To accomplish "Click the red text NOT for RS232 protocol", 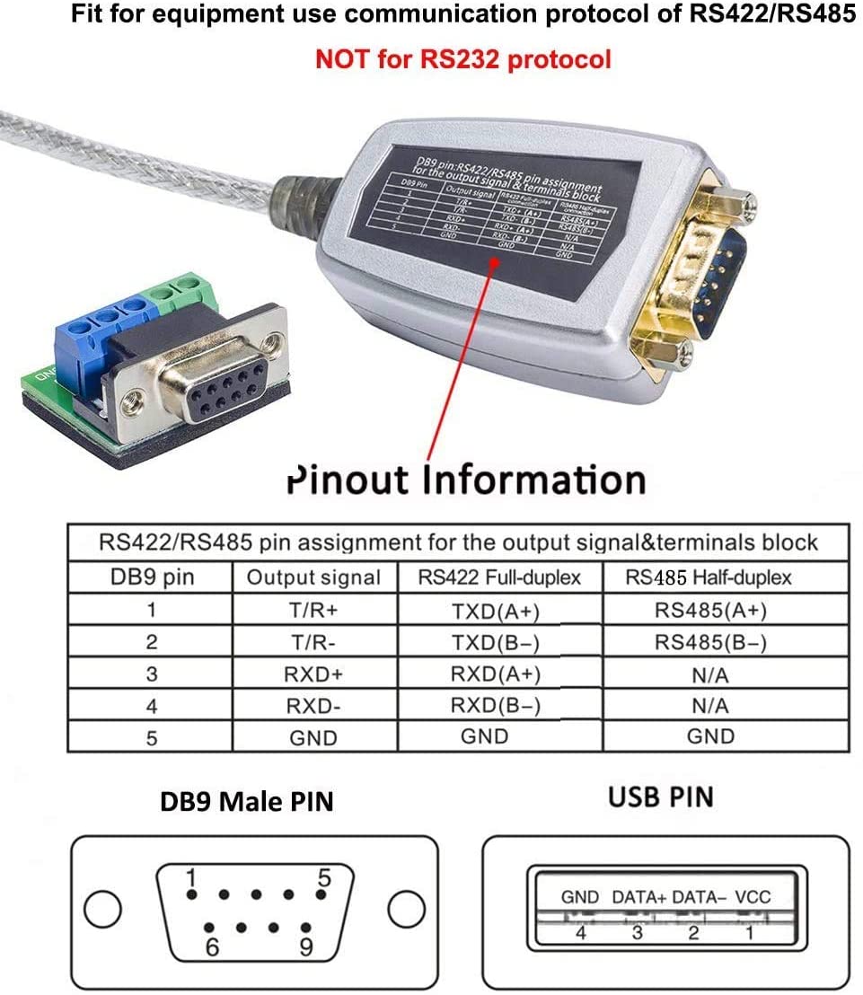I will pyautogui.click(x=462, y=59).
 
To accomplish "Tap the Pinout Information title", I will pyautogui.click(x=466, y=480).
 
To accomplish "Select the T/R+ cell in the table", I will pyautogui.click(x=312, y=611).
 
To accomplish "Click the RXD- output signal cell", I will pyautogui.click(x=312, y=707).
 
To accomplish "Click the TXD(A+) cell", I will pyautogui.click(x=496, y=612).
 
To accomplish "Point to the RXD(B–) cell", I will pyautogui.click(x=496, y=707).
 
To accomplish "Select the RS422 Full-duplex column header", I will pyautogui.click(x=499, y=577).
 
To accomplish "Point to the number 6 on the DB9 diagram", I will pyautogui.click(x=213, y=947).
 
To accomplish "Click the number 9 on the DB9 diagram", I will pyautogui.click(x=305, y=947).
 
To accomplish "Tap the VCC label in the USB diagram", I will pyautogui.click(x=752, y=896).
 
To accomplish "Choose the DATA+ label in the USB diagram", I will pyautogui.click(x=638, y=896).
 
